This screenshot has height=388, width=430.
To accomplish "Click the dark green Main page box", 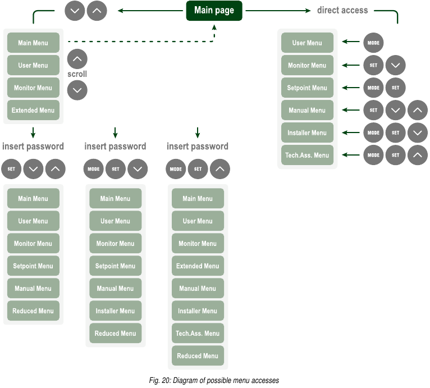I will point(214,11).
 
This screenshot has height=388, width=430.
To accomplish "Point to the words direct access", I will point(342,10).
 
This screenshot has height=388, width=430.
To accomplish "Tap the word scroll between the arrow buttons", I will point(77,74).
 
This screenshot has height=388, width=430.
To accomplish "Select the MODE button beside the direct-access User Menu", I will point(373,43).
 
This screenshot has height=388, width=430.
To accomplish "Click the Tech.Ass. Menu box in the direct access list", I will point(307,155).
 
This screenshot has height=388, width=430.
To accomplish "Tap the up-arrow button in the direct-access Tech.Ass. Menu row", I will point(417,155).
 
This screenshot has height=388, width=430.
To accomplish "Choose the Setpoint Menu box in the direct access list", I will point(307,88).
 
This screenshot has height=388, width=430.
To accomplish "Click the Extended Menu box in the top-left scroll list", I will point(33,110).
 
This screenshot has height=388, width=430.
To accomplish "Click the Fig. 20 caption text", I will point(214,380).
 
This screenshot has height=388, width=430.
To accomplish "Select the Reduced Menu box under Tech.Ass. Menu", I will point(198,355).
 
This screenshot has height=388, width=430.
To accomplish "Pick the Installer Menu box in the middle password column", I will point(115,311).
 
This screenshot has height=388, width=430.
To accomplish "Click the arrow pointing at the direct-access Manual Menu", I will point(351,110).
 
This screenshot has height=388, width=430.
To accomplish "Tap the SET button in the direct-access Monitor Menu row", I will point(373,65).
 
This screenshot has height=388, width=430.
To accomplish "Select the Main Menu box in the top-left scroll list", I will point(33,43).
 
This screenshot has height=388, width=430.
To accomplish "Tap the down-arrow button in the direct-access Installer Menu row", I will point(417,133).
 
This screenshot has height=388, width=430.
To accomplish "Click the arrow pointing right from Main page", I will point(278,10).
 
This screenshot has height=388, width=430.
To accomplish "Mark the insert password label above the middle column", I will point(115,147).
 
